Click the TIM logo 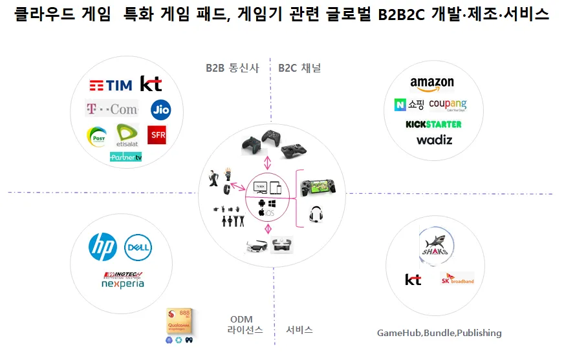coord(111,85)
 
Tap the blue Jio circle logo coord(160,110)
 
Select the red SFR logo coord(157,134)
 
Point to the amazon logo coord(431,84)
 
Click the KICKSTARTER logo coord(433,123)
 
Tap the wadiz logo coord(434,140)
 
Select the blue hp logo coord(103,247)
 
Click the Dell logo coord(138,247)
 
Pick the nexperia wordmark coord(124,284)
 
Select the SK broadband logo coord(457,279)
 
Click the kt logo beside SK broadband coord(413,279)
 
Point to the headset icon coord(316,214)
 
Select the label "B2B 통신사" coord(232,68)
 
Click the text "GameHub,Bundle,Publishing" coord(439,333)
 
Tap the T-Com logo coord(113,109)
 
